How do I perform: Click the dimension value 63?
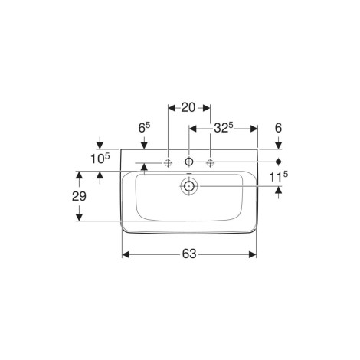(x=189, y=254)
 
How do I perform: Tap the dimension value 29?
(x=79, y=196)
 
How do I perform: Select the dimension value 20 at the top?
(x=188, y=107)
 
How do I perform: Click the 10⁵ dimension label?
(x=100, y=159)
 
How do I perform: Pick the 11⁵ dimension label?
(x=279, y=177)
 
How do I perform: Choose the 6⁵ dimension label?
(x=144, y=128)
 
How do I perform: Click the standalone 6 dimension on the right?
(x=278, y=128)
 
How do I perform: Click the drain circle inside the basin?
(x=189, y=186)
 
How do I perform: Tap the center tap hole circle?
(x=189, y=162)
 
